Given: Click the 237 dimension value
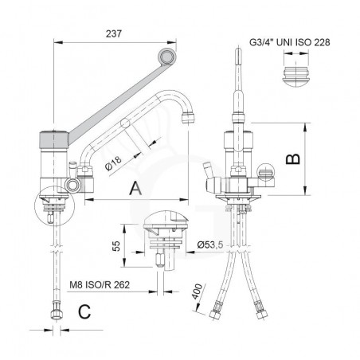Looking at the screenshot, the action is pos(114,33).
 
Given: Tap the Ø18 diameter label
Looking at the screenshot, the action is pos(114,162).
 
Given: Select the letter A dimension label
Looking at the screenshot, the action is pos(135,189).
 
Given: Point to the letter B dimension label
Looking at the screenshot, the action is pos(292,158).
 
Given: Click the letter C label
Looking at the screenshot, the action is pos(84,312).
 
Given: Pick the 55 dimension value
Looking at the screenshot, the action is pos(116,246).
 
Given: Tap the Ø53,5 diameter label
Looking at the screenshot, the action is pos(210,245).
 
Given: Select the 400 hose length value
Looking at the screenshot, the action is pos(198,292).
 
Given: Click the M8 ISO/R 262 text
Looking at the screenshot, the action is pos(100,285).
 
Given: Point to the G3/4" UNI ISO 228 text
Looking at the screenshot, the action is pos(290,42).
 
